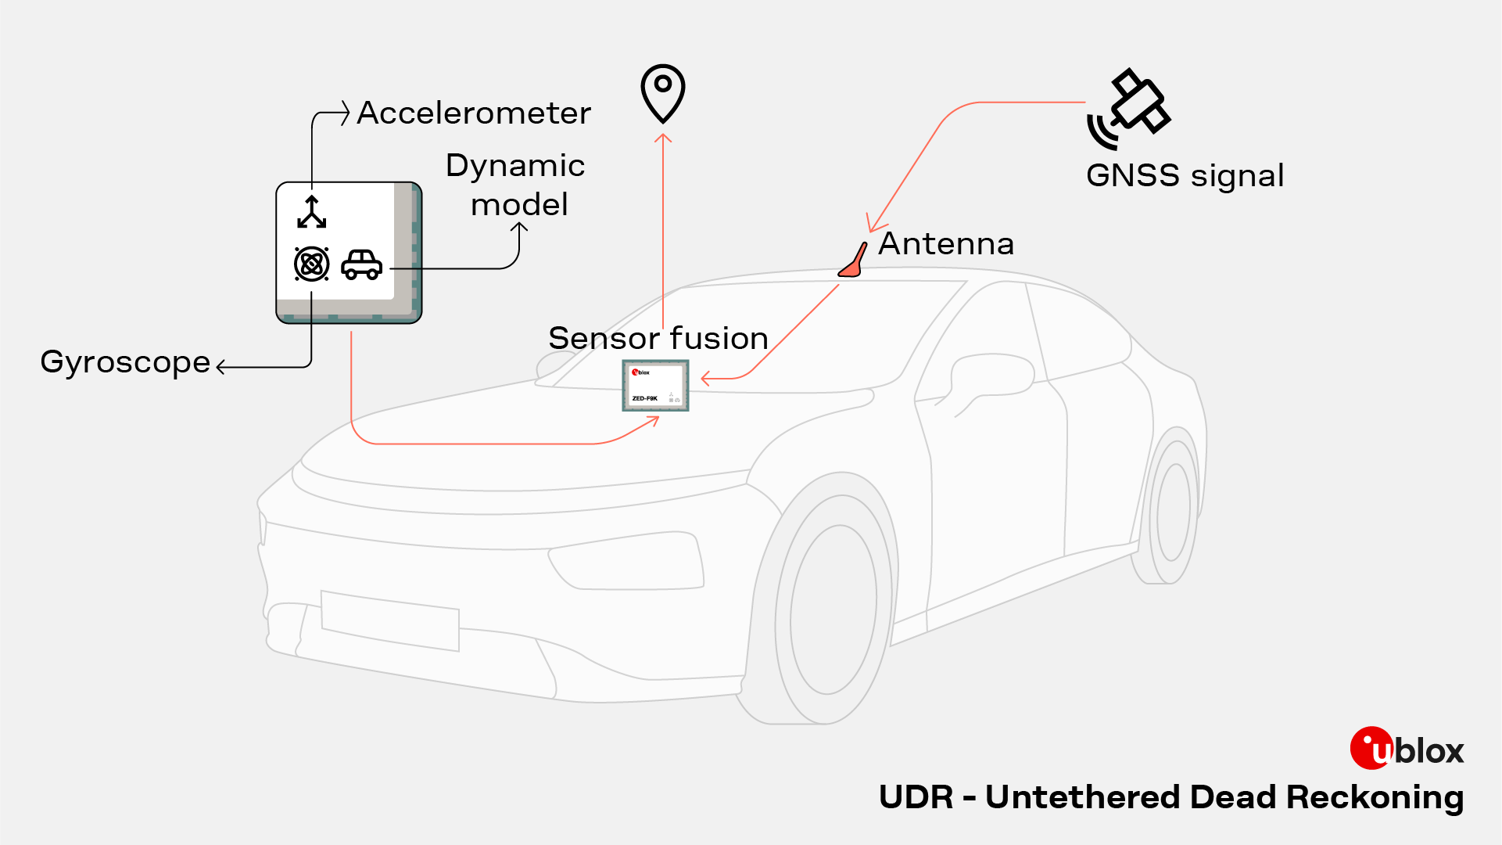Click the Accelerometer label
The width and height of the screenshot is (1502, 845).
coord(474,113)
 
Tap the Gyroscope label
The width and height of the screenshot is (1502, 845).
coord(125,362)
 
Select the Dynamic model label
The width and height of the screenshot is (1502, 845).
coord(516,185)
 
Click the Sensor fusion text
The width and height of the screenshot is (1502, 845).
coord(658,339)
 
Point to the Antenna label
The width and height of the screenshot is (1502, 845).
coord(946,244)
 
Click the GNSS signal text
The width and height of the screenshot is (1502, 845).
coord(1185,176)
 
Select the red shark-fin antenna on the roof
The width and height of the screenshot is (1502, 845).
coord(854,262)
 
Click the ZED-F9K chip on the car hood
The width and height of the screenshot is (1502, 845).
coord(655,386)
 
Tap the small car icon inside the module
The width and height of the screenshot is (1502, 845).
coord(362,264)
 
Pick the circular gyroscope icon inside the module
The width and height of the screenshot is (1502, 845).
coord(311,264)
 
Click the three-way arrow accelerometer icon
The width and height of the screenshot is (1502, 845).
coord(312,212)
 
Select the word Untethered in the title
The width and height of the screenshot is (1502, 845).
coord(1083,797)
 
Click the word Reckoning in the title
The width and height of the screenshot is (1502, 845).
coord(1375,797)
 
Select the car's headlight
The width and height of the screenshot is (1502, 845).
coord(626,559)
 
